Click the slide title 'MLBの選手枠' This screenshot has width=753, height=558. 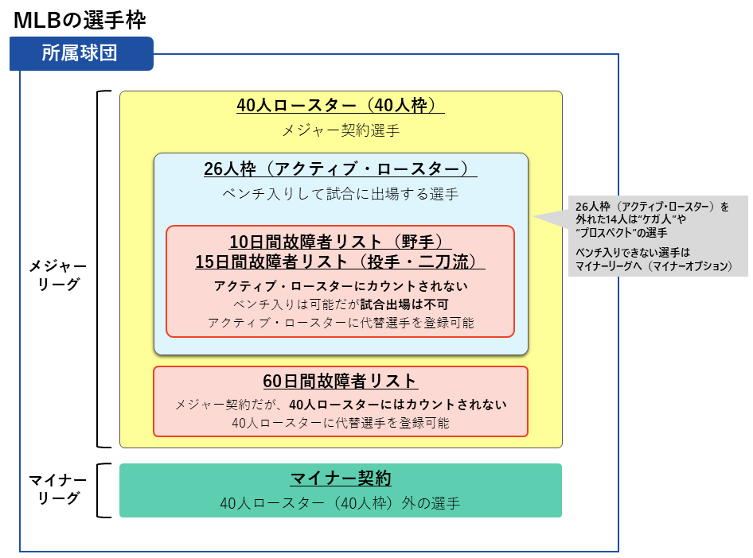(80, 19)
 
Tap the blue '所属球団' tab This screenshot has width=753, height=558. (80, 53)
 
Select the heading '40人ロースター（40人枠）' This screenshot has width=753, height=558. (340, 107)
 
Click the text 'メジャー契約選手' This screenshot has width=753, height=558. (341, 130)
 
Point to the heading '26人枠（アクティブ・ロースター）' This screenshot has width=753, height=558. (340, 169)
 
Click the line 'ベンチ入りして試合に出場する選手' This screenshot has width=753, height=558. (340, 193)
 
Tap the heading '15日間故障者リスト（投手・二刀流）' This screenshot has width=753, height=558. (340, 261)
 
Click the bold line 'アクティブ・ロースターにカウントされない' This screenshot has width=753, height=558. (340, 286)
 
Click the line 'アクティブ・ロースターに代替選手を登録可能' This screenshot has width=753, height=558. (340, 323)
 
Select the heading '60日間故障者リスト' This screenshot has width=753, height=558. (340, 382)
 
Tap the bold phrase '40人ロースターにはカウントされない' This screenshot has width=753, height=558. (398, 404)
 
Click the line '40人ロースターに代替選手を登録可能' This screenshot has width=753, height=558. (340, 423)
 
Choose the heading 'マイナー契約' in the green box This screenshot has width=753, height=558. (340, 479)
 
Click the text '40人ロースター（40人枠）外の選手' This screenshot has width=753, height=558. (340, 503)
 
